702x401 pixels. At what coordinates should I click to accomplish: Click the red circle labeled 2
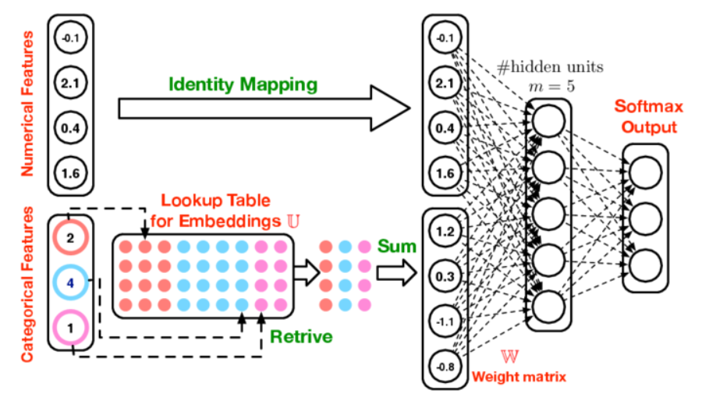pyautogui.click(x=70, y=239)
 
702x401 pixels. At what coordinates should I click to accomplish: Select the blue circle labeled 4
pyautogui.click(x=70, y=283)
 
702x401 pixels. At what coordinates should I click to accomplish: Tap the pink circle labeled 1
pyautogui.click(x=70, y=327)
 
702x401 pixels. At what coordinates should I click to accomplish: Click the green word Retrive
pyautogui.click(x=301, y=337)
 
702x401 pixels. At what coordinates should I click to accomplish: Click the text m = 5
pyautogui.click(x=549, y=86)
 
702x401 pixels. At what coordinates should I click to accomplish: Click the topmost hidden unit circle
pyautogui.click(x=551, y=121)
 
